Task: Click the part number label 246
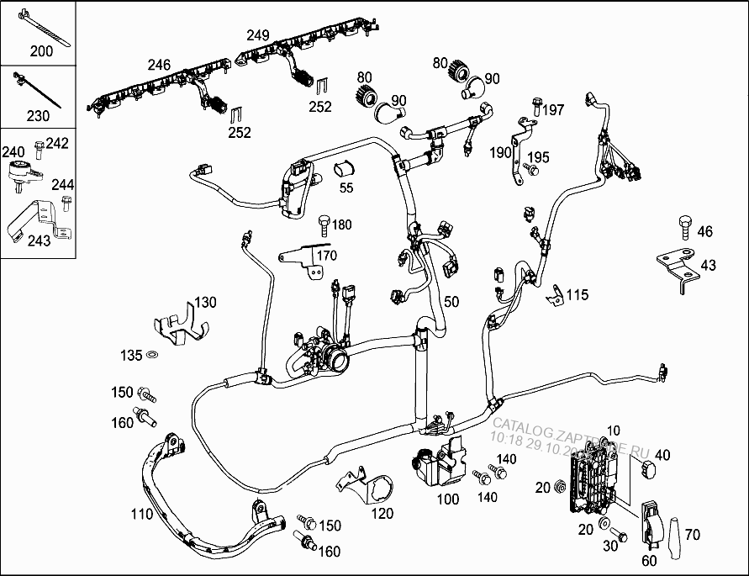159,65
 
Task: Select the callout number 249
258,35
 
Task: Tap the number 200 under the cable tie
40,51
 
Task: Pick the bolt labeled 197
536,106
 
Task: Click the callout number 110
142,514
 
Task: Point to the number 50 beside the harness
451,301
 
